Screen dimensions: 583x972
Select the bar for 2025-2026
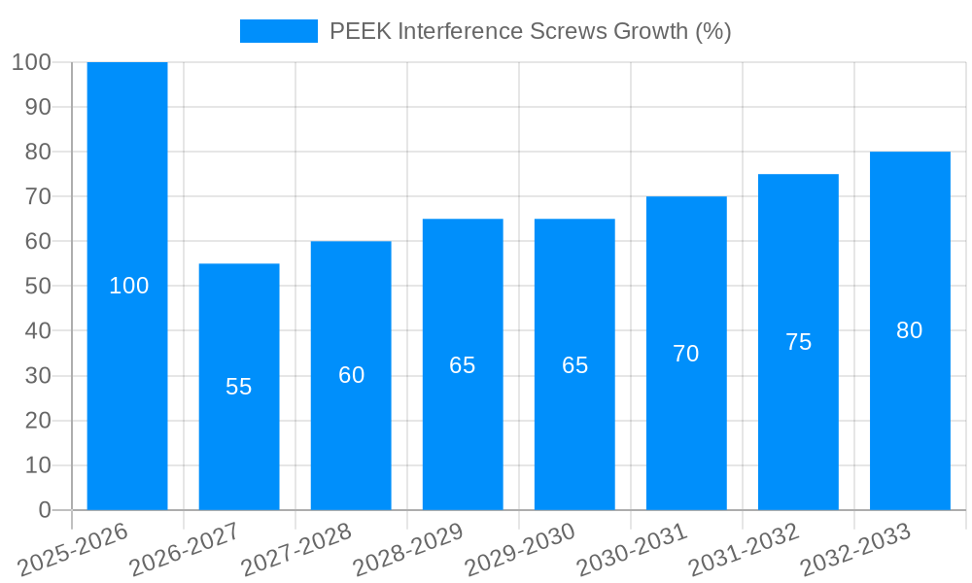pos(127,194)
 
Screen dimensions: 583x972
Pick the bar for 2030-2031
pos(686,437)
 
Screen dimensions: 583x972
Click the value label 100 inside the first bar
pos(129,286)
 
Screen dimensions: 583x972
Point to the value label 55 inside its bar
pos(239,387)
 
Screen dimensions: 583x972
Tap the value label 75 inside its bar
pos(798,342)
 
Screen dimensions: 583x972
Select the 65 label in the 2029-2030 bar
pos(575,365)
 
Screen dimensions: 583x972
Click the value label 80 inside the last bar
pos(910,330)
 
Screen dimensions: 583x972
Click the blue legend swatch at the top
pos(279,31)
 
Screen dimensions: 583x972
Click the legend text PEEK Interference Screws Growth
pos(530,31)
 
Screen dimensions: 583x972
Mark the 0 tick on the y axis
pos(45,510)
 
